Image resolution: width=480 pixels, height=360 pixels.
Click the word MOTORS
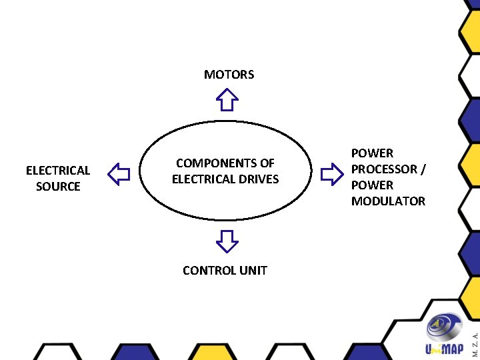[x=229, y=75]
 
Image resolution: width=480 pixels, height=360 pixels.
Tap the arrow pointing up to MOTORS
[x=227, y=100]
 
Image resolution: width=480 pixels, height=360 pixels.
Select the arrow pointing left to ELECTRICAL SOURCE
[x=119, y=175]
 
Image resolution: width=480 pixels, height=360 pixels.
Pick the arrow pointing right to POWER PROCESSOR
[x=331, y=175]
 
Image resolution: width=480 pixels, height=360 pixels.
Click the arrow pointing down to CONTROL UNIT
[x=227, y=241]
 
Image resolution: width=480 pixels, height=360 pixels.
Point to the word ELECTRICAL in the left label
[x=58, y=171]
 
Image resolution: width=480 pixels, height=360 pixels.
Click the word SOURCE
[x=58, y=187]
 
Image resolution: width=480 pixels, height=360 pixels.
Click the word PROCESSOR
[x=383, y=169]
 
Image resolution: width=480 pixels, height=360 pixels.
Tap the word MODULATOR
[x=388, y=201]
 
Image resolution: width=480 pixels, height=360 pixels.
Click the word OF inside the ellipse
[x=267, y=163]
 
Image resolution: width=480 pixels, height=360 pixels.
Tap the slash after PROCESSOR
[x=422, y=169]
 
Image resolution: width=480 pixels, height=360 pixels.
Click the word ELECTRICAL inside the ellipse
[x=203, y=179]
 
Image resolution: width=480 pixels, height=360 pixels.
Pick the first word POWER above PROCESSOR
[x=372, y=153]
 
